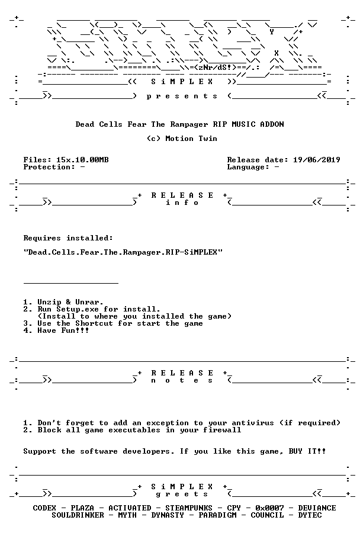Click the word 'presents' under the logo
coord(182,97)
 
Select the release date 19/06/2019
coord(317,160)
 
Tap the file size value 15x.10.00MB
coord(83,160)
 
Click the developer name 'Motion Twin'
coord(191,139)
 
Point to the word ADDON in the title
coord(272,124)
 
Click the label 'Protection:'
coord(49,167)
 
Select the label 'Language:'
coord(248,167)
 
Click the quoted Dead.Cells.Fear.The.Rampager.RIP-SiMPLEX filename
coord(123,252)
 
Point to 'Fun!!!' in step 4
coord(75,330)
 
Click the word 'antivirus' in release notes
coord(253,423)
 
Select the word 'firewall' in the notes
coord(222,430)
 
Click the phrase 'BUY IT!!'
coord(307,451)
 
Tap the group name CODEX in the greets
coord(44,508)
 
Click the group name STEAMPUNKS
coord(189,508)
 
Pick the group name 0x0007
coord(269,508)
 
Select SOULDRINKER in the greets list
coord(78,515)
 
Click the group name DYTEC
coord(310,515)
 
